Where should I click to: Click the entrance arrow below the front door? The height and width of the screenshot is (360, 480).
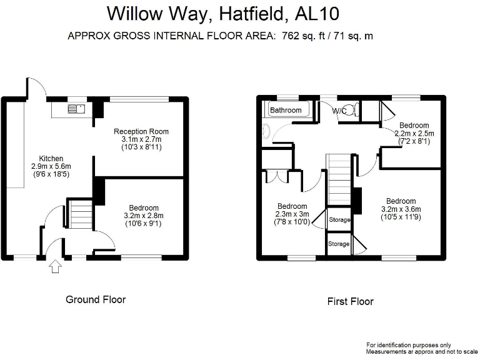tap(55, 267)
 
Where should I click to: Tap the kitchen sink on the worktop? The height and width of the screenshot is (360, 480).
tap(77, 110)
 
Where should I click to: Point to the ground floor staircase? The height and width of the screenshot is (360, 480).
tap(79, 214)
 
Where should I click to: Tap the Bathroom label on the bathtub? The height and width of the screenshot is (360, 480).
tap(286, 110)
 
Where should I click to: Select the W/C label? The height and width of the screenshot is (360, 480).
tap(339, 111)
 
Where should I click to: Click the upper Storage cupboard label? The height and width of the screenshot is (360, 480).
tap(339, 220)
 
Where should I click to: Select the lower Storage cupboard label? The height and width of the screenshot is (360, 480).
tap(339, 244)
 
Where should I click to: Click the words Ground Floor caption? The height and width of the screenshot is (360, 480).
tap(96, 299)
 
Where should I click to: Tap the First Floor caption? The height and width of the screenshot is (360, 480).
tap(350, 301)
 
